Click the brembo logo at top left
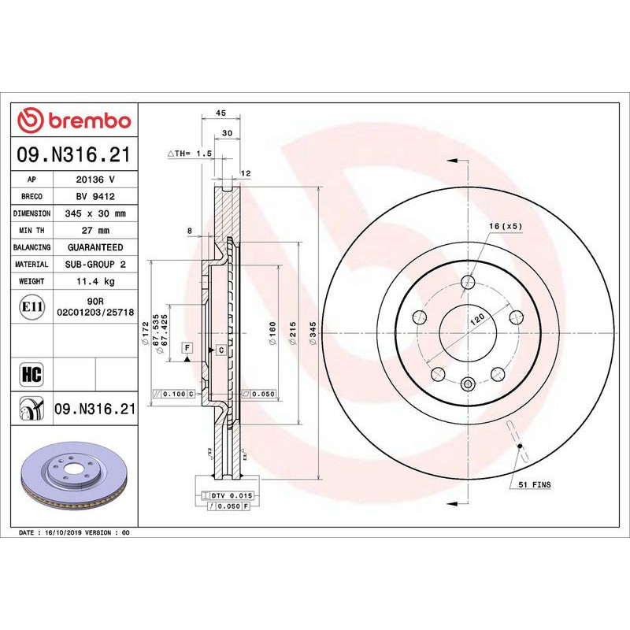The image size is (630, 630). [x=74, y=120]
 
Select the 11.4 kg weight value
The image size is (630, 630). [x=94, y=281]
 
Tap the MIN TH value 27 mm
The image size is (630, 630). [x=94, y=231]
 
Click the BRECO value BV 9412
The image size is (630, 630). [x=94, y=197]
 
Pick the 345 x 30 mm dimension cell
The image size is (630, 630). [x=94, y=213]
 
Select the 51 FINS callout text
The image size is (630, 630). [x=534, y=484]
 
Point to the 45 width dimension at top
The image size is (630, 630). [x=221, y=113]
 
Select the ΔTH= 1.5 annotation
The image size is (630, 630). [x=190, y=154]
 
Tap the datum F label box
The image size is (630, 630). [x=187, y=346]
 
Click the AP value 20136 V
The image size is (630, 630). [x=94, y=180]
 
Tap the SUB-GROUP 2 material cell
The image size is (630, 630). [x=94, y=265]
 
